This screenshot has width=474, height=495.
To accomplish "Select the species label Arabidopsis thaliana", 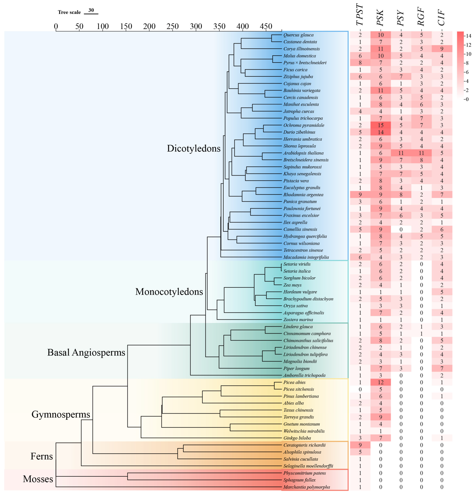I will coord(303,153).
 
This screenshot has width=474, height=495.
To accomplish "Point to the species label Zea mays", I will coord(292,285).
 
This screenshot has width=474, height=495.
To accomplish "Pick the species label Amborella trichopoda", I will coord(304,375).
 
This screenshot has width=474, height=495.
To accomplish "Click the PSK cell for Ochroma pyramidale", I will coord(381,125).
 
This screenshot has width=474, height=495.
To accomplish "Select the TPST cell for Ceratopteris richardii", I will coord(360,445).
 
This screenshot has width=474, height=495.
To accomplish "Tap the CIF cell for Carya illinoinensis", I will coord(442,49).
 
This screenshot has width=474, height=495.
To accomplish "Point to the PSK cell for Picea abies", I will coord(381,382).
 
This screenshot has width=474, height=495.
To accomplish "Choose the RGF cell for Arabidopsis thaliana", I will coord(421,153).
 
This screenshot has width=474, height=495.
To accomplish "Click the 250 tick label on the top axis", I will coord(173,26).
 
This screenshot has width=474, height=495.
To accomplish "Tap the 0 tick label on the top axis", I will coord(56,26).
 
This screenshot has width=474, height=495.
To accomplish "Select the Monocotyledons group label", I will coord(169,292).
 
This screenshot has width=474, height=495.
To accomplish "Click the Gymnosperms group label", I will coord(61,414).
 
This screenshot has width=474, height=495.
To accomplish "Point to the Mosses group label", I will coord(38,479).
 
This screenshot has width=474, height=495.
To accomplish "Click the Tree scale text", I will coord(69,12).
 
